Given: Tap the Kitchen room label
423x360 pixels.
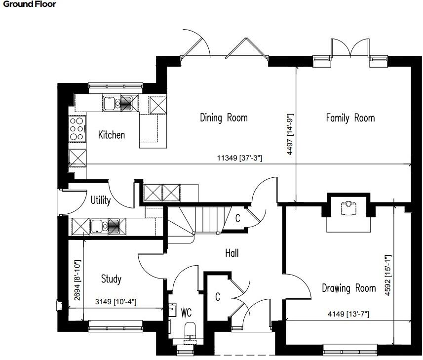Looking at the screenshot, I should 111,135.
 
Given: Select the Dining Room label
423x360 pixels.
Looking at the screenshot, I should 224,118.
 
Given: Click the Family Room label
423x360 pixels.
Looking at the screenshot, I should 350,118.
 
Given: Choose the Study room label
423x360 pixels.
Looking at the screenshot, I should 111,279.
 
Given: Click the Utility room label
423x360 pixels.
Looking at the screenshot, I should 101,200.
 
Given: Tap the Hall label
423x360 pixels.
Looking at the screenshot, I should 231,253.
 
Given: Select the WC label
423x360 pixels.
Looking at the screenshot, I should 186,313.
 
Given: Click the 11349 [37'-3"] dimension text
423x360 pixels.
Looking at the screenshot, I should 239,159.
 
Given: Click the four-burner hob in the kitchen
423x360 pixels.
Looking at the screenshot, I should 77,129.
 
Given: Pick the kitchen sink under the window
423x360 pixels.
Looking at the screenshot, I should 117,103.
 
